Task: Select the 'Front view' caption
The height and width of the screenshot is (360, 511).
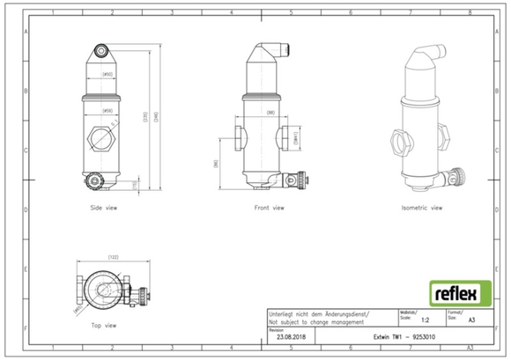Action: (268, 209)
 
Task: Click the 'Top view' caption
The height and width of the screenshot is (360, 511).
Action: (104, 326)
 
